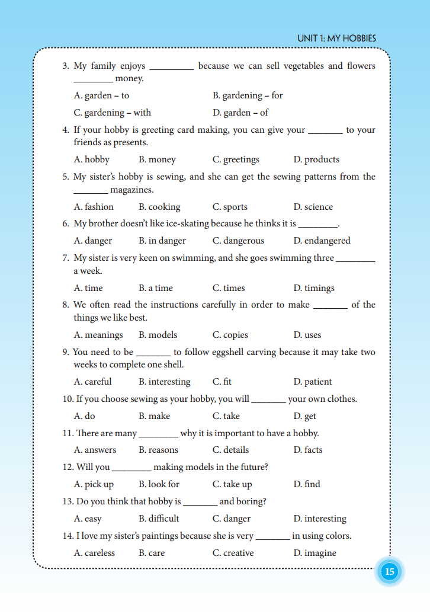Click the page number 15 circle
pyautogui.click(x=389, y=572)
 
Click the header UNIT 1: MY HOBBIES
pyautogui.click(x=336, y=39)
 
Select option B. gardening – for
pyautogui.click(x=248, y=95)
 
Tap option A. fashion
pyautogui.click(x=94, y=207)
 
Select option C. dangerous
pyautogui.click(x=238, y=241)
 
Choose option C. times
pyautogui.click(x=229, y=288)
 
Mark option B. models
pyautogui.click(x=158, y=335)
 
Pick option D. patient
pyautogui.click(x=313, y=382)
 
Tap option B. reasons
pyautogui.click(x=159, y=450)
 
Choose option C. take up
pyautogui.click(x=232, y=484)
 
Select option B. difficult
pyautogui.click(x=159, y=519)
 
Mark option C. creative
pyautogui.click(x=233, y=553)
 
